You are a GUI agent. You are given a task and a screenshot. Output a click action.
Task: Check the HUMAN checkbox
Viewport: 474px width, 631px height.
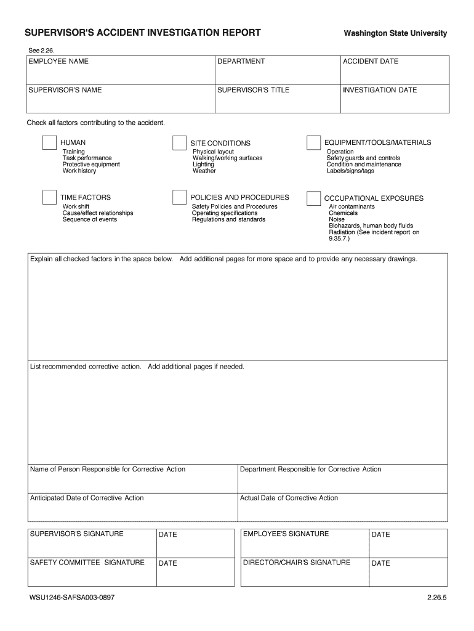tap(49, 142)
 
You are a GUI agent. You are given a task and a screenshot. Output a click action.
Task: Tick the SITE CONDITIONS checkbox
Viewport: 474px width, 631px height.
tap(179, 143)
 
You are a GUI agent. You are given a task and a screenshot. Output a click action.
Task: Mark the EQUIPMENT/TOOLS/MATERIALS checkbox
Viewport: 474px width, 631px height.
tap(313, 143)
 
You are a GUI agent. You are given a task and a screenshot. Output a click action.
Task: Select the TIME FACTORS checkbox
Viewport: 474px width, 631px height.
tap(49, 197)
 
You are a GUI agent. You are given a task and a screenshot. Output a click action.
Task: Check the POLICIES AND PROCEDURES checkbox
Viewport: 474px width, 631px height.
tap(179, 197)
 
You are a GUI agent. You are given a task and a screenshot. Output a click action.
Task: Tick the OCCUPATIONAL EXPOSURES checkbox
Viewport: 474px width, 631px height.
tap(313, 198)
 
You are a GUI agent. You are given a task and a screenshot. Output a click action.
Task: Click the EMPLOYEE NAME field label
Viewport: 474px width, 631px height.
tap(58, 62)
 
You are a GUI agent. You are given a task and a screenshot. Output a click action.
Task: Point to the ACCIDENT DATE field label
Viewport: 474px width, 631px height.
tap(371, 62)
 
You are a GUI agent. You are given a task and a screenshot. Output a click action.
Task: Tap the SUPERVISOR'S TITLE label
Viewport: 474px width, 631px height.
tap(253, 90)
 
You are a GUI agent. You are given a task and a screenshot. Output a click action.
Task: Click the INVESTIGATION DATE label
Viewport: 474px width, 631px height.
tap(380, 90)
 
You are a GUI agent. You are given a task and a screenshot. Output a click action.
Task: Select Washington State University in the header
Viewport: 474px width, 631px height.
tap(395, 33)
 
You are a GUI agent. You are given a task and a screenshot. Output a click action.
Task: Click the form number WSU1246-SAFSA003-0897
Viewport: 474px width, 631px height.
tap(71, 598)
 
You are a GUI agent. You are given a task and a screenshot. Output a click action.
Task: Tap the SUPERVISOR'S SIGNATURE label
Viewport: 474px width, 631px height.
tap(76, 534)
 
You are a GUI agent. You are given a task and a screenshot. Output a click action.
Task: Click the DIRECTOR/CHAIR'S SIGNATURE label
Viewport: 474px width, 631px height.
tap(297, 562)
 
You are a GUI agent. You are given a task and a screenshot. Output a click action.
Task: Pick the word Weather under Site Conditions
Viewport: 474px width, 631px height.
tap(204, 171)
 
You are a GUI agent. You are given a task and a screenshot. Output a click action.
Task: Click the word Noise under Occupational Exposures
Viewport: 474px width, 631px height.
tap(337, 219)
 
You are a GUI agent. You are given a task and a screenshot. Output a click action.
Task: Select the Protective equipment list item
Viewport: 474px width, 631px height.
tap(91, 165)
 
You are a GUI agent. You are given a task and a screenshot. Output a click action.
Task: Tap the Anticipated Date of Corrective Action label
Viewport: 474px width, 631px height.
tap(87, 498)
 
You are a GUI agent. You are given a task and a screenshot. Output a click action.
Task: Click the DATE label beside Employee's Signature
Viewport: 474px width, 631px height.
tap(381, 534)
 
